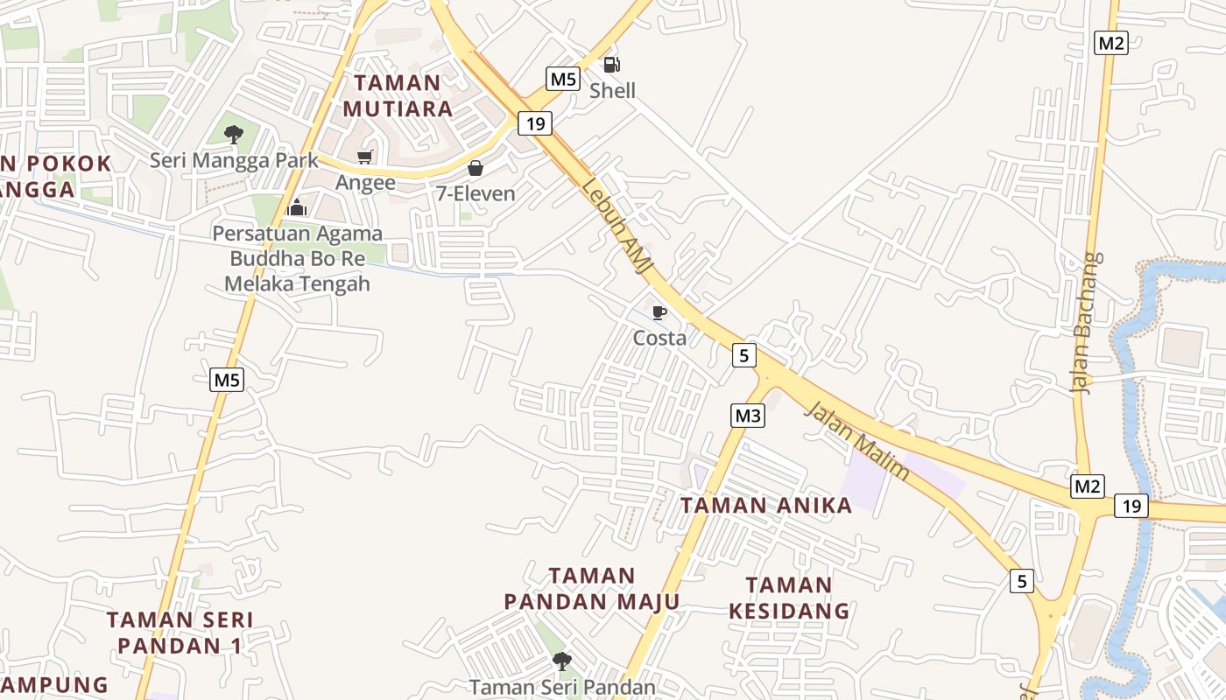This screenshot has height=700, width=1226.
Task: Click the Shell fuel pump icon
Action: click(x=611, y=64)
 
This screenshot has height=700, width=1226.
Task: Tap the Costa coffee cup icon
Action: click(x=659, y=312)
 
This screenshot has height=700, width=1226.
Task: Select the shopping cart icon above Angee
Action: click(x=364, y=157)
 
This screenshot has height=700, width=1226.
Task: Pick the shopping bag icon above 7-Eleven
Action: click(x=476, y=168)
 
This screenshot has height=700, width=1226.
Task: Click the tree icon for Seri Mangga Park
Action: click(x=234, y=134)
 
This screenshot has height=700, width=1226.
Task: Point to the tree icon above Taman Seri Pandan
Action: click(x=562, y=661)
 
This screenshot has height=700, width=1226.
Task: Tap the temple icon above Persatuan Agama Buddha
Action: click(x=297, y=207)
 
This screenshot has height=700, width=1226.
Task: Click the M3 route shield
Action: click(x=748, y=416)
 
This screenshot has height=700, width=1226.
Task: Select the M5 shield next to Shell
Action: click(x=563, y=79)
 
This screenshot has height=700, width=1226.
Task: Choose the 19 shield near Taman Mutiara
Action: click(x=535, y=123)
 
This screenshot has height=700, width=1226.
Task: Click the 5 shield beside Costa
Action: click(x=743, y=354)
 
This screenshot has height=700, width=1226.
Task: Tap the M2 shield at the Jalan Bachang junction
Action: click(x=1087, y=486)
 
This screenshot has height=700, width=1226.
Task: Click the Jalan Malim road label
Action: click(x=857, y=440)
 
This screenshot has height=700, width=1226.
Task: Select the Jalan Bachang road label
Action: click(x=1087, y=324)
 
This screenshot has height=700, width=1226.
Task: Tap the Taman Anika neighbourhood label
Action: click(x=766, y=505)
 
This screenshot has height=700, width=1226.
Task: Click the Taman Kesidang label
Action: click(x=789, y=598)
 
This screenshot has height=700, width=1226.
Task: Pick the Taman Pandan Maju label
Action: click(x=592, y=588)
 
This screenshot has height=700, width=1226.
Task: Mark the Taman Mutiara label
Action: click(x=398, y=95)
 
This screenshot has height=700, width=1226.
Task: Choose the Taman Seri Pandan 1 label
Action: click(x=180, y=633)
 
